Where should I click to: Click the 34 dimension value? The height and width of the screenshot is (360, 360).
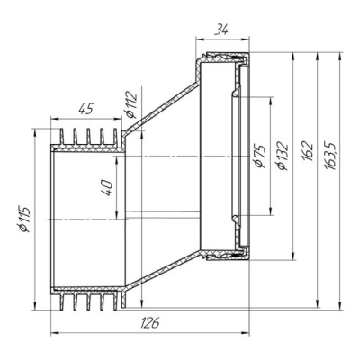pyautogui.click(x=221, y=30)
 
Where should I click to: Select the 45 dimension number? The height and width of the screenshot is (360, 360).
pyautogui.click(x=86, y=109)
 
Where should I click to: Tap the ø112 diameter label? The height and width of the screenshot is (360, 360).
pyautogui.click(x=130, y=104)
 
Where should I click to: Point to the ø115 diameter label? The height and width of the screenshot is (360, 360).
pyautogui.click(x=24, y=220)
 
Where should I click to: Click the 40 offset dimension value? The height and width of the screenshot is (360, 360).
pyautogui.click(x=108, y=188)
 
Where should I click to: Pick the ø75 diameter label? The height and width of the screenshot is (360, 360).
pyautogui.click(x=259, y=157)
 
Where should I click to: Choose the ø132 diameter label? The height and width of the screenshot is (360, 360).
pyautogui.click(x=283, y=156)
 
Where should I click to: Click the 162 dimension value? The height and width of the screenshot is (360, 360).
pyautogui.click(x=308, y=151)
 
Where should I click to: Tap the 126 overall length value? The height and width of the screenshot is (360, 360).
pyautogui.click(x=150, y=323)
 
